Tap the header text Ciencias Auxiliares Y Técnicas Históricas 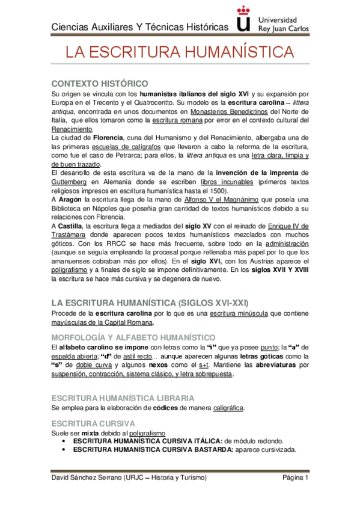click(140, 27)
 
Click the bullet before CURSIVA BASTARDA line click(64, 450)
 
